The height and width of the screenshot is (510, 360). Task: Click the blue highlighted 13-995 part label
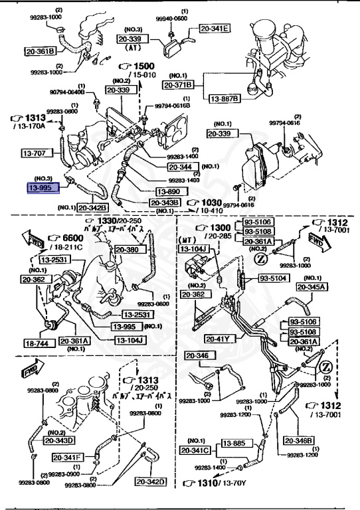pos(42,188)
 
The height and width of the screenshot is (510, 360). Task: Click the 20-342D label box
pos(151,481)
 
